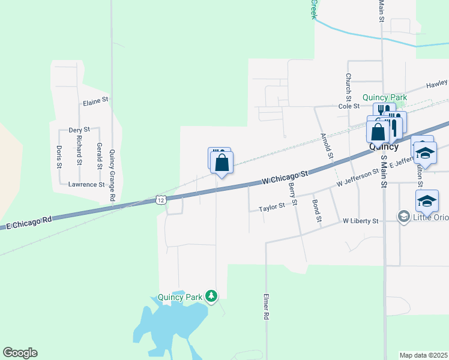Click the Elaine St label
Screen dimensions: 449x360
(x=95, y=101)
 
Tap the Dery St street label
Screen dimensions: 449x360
(x=79, y=130)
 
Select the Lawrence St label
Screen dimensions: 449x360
(x=86, y=184)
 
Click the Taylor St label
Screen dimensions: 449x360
(x=271, y=208)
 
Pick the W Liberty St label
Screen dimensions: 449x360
(x=360, y=221)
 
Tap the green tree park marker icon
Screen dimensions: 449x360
(x=211, y=296)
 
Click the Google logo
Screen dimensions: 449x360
(x=20, y=353)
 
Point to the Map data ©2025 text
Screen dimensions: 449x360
(x=424, y=355)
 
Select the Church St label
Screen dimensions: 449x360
(x=348, y=86)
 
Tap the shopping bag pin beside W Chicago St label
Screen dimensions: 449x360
(x=221, y=162)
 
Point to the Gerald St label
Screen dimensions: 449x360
(x=100, y=155)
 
